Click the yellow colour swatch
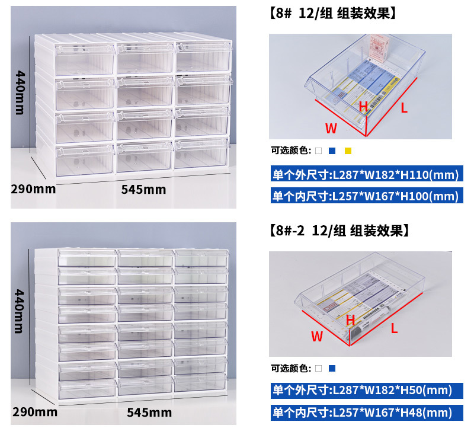click(x=348, y=151)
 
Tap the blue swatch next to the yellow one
click(x=333, y=151)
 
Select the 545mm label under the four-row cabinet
click(x=143, y=190)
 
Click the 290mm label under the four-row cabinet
click(x=33, y=189)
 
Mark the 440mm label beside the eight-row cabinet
click(x=20, y=311)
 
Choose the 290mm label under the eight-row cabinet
click(x=34, y=411)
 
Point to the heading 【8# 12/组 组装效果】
click(x=331, y=12)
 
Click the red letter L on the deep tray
click(x=404, y=108)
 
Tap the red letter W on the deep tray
click(x=331, y=127)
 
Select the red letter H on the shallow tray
click(x=350, y=320)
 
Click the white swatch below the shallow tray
click(x=318, y=368)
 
